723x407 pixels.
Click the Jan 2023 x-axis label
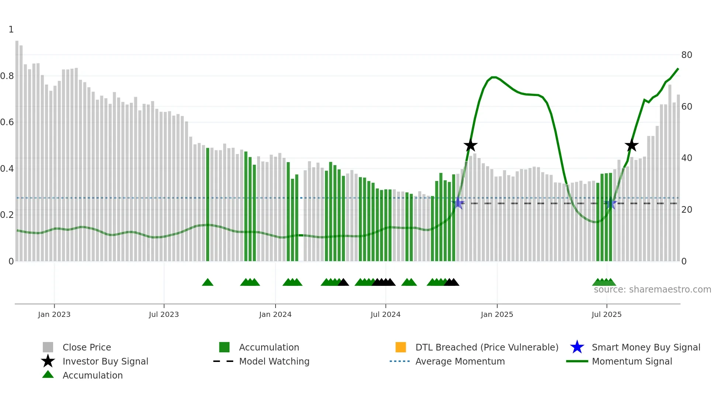(54, 314)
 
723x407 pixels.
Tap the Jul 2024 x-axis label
(385, 314)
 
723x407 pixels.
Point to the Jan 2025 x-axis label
(497, 314)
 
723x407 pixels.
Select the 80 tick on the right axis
(686, 55)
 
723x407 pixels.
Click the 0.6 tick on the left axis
(7, 122)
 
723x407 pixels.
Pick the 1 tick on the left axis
(11, 30)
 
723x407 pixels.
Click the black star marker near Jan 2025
(470, 146)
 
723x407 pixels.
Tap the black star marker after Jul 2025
(632, 146)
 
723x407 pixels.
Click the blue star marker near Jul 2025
(611, 203)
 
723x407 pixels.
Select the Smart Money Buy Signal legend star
(577, 347)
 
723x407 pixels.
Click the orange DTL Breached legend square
(401, 347)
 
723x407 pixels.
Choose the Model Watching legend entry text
(274, 361)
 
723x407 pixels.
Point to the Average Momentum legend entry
(460, 361)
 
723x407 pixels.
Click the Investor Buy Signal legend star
(48, 361)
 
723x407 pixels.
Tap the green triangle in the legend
(48, 375)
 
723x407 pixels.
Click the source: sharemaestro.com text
(652, 290)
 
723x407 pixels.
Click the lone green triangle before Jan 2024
(208, 283)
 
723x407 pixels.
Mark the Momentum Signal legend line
(577, 361)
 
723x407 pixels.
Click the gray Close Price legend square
(48, 347)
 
